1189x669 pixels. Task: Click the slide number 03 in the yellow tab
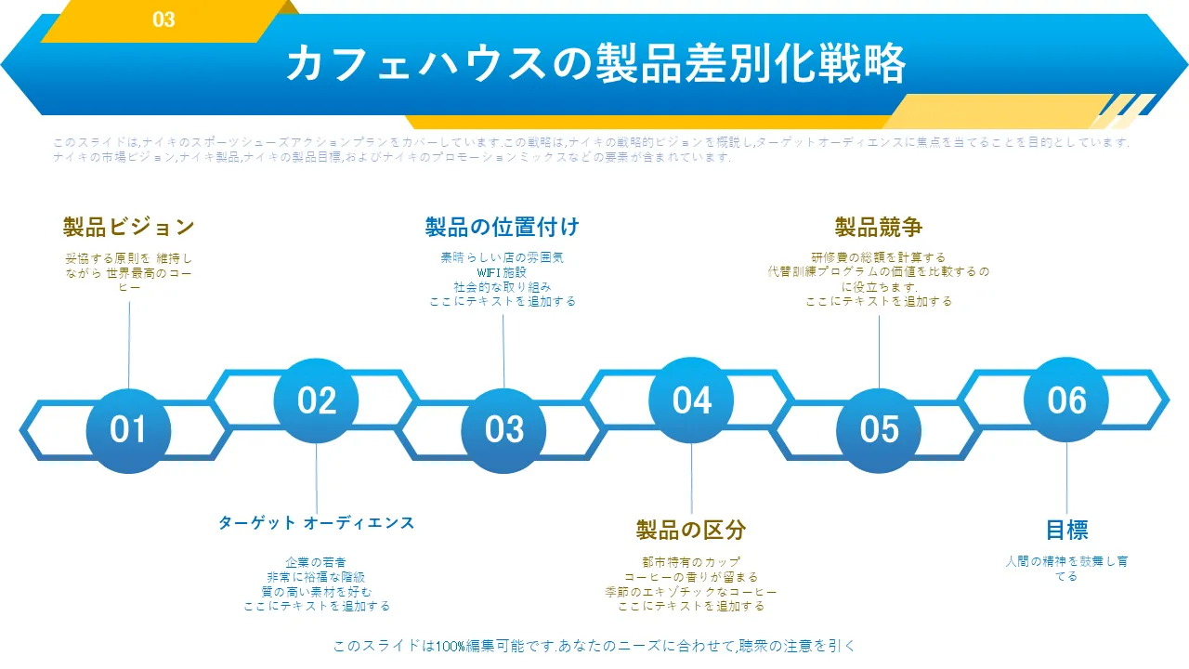[x=163, y=20]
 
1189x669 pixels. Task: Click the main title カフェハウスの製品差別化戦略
[x=595, y=64]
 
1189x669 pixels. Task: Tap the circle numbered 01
[x=128, y=430]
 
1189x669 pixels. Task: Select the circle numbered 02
[x=317, y=400]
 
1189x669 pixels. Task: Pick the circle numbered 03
[x=504, y=430]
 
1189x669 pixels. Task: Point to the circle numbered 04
[x=692, y=400]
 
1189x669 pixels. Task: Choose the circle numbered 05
[x=879, y=430]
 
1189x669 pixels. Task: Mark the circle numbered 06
[x=1066, y=400]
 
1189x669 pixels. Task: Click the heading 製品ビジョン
[x=129, y=227]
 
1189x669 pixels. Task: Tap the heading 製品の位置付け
[x=503, y=227]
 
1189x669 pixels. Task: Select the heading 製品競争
[x=879, y=227]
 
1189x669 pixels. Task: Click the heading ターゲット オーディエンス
[x=317, y=523]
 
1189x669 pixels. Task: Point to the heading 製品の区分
[x=691, y=531]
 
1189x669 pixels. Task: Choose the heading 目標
[x=1066, y=531]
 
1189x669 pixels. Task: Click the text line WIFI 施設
[x=503, y=272]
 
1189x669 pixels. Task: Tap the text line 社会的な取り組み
[x=503, y=287]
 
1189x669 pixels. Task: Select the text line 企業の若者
[x=317, y=562]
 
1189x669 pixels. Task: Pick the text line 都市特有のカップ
[x=691, y=562]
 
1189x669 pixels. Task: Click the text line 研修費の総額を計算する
[x=879, y=257]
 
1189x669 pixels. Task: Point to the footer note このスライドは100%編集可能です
[x=594, y=646]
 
